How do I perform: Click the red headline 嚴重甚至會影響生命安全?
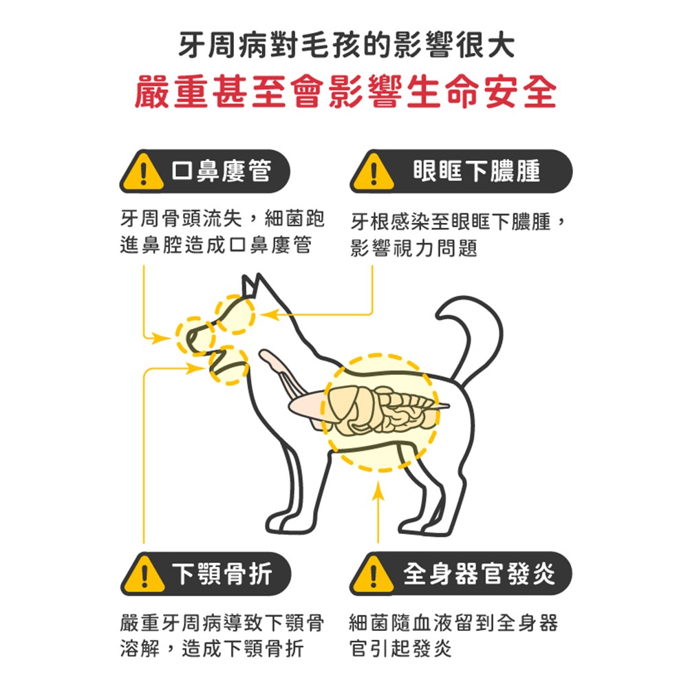click(346, 92)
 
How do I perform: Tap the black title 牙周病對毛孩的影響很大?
click(346, 45)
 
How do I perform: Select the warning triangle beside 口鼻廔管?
click(142, 172)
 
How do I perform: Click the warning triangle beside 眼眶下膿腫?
click(374, 172)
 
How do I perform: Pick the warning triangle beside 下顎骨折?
click(144, 574)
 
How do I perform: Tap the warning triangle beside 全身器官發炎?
click(373, 574)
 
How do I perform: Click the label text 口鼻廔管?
click(222, 171)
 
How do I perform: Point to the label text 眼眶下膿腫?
click(477, 171)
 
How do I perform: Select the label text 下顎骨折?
click(222, 574)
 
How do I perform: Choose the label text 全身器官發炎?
click(479, 574)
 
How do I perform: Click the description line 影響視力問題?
click(413, 248)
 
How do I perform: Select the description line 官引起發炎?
click(400, 648)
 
